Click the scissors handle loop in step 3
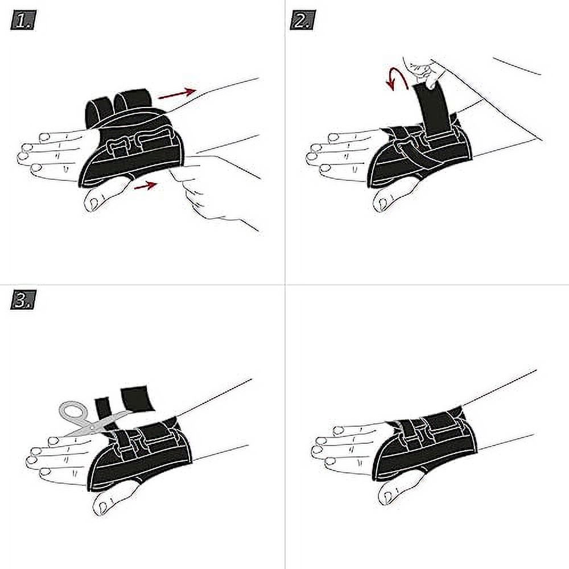(72, 411)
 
